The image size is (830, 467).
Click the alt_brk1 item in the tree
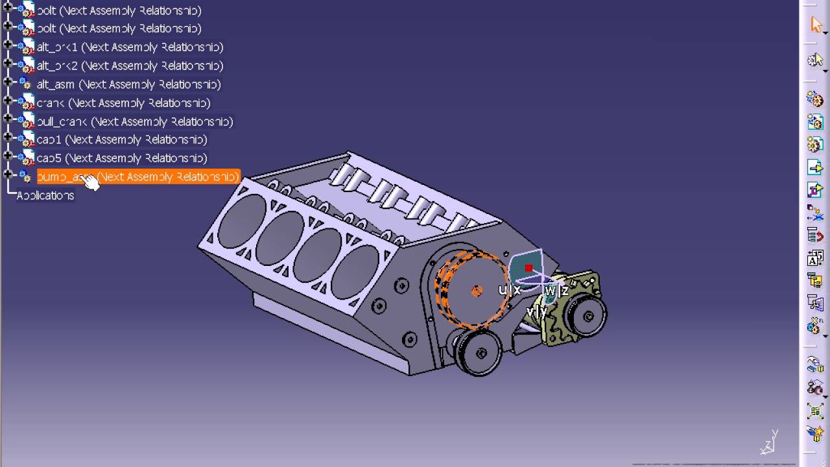(x=130, y=47)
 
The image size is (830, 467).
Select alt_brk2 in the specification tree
(x=130, y=66)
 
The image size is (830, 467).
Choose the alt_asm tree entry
(x=128, y=84)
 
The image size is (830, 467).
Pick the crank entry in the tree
(x=123, y=103)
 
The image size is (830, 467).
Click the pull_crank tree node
(x=134, y=122)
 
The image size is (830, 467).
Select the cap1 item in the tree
(x=121, y=140)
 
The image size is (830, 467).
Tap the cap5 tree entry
(x=121, y=158)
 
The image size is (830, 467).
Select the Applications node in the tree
(x=45, y=196)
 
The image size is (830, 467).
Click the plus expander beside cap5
(x=8, y=156)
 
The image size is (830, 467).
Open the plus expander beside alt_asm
(x=8, y=82)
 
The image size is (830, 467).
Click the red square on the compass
(x=528, y=268)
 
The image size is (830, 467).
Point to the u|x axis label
(x=510, y=290)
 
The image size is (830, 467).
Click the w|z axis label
(x=556, y=291)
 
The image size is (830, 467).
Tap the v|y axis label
(x=537, y=312)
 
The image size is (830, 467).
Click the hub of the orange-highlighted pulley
(x=477, y=291)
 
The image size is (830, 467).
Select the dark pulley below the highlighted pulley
(x=480, y=352)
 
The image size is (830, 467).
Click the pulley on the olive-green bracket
(x=587, y=317)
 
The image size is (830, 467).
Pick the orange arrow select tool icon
(x=816, y=25)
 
